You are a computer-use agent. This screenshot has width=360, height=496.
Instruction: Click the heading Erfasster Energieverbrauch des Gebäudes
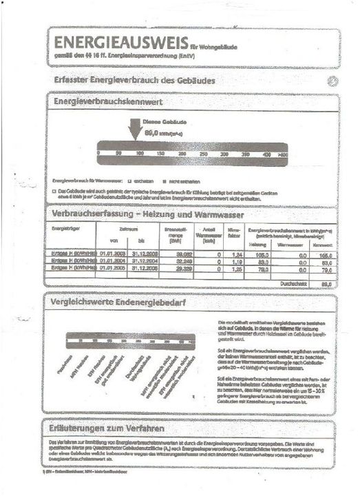[135, 80]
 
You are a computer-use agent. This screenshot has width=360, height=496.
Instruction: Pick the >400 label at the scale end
[283, 154]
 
